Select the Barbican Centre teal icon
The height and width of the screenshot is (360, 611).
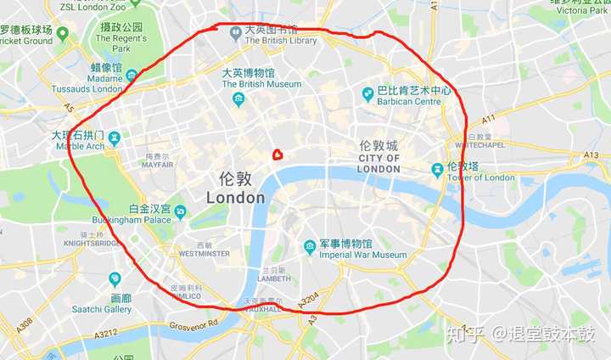(367, 93)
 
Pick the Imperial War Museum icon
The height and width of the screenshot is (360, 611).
(311, 247)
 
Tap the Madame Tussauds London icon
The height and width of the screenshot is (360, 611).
(132, 76)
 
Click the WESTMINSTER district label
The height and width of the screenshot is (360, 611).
(205, 253)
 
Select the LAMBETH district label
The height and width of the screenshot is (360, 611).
(274, 278)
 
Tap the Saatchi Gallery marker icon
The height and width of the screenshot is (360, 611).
(115, 279)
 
